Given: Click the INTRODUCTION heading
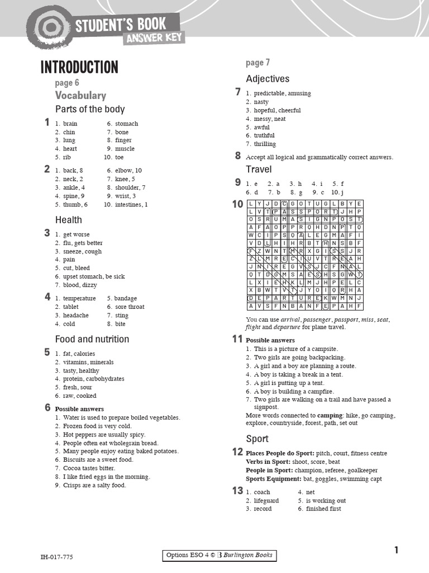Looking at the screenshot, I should tap(79, 68).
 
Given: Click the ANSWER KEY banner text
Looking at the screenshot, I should tap(154, 38).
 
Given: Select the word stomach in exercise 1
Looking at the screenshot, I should tap(126, 124).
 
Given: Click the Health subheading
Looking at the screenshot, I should tap(68, 220).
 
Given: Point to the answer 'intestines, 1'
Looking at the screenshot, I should tap(131, 205).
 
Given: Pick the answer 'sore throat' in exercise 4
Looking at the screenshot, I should tap(129, 307).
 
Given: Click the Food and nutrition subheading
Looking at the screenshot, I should tap(92, 339).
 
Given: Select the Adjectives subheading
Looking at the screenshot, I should tap(268, 79).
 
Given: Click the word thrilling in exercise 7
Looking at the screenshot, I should tap(265, 144).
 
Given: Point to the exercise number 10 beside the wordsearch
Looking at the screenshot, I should tap(237, 205).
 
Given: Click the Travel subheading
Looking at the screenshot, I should tap(259, 169).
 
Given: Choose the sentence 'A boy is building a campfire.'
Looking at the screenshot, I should tap(294, 392).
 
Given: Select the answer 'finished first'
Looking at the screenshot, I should tap(323, 509).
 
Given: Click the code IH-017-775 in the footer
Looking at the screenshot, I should tap(56, 557).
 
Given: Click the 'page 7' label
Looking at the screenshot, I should tap(258, 63).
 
